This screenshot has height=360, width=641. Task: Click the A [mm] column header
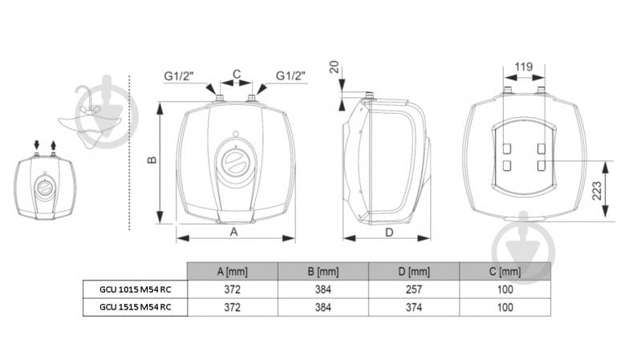232,271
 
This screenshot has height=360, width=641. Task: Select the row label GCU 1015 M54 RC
136,289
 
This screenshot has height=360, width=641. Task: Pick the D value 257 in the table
414,289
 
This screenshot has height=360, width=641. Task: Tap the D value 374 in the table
414,307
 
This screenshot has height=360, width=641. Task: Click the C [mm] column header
505,271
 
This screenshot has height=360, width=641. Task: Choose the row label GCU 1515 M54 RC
136,307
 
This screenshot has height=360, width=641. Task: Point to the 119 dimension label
524,67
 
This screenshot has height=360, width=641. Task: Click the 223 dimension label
597,191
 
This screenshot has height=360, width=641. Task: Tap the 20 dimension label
335,67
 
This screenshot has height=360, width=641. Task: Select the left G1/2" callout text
179,76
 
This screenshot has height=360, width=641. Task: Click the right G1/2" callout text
290,75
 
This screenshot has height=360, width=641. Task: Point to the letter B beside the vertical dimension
152,160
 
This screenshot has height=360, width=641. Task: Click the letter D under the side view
389,233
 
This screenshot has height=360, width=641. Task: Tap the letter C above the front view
237,75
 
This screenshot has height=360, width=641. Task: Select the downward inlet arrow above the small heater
37,144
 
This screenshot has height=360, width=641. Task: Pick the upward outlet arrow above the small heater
53,144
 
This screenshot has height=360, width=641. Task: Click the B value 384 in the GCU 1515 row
323,307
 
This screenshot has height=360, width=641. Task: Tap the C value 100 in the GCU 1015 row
505,289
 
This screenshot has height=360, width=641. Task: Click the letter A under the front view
233,232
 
